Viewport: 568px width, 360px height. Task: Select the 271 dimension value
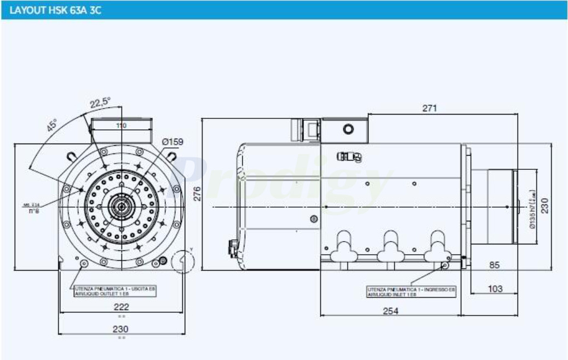click(x=430, y=108)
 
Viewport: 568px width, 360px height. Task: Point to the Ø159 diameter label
click(x=173, y=142)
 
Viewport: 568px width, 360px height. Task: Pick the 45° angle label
click(x=51, y=125)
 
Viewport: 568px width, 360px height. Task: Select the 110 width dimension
click(x=121, y=125)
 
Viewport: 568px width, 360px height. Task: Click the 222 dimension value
click(x=122, y=307)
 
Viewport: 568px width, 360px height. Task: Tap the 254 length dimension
click(x=391, y=311)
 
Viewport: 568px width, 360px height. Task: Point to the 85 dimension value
click(x=495, y=265)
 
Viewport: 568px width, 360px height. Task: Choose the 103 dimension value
click(x=495, y=289)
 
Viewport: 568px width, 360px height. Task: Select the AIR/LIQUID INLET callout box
click(x=411, y=291)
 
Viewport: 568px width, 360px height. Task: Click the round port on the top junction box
click(x=348, y=130)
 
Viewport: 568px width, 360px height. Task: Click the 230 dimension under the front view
click(x=121, y=329)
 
